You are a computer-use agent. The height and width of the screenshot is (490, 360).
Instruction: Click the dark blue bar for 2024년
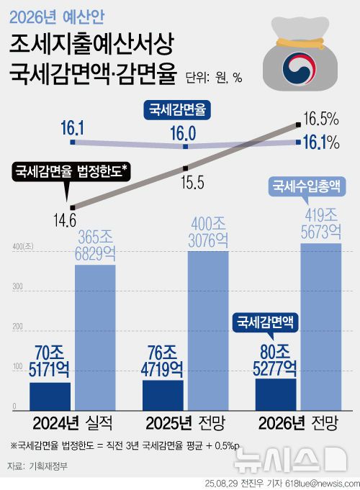coord(50,395)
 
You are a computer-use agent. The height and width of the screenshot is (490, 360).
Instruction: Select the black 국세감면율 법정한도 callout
coord(71,171)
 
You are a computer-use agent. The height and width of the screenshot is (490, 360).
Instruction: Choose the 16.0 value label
coord(184,132)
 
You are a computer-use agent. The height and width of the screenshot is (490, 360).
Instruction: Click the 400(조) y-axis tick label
coord(18,248)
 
